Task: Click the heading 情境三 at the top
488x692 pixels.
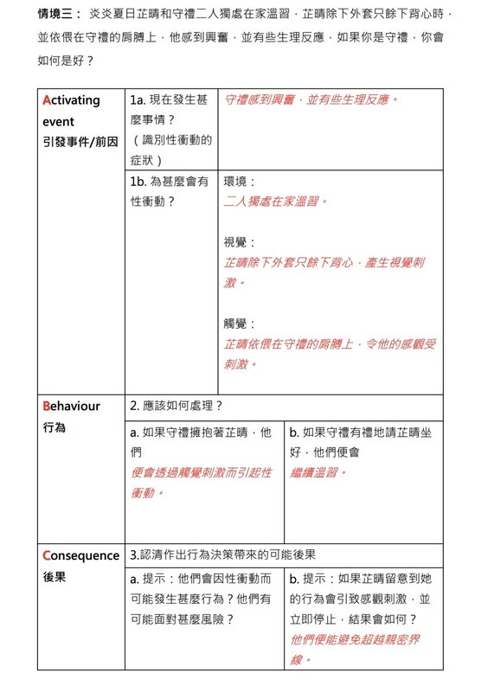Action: pos(57,16)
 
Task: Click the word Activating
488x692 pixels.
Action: pos(71,100)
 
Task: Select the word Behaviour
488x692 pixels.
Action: pos(71,407)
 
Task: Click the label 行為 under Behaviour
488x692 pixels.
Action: pos(54,427)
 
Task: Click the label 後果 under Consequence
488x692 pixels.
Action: pos(54,577)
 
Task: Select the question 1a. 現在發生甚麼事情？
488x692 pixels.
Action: pos(170,110)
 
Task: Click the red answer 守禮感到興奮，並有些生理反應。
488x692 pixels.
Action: pos(311,100)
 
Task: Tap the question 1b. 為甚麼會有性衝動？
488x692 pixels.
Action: pos(170,191)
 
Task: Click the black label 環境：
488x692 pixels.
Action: pos(240,183)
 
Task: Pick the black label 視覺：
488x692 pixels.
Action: pos(240,243)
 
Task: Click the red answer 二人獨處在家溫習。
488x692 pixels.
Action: pos(276,202)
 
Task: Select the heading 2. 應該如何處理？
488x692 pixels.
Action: pos(177,406)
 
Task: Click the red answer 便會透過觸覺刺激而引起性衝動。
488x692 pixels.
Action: pos(201,483)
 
